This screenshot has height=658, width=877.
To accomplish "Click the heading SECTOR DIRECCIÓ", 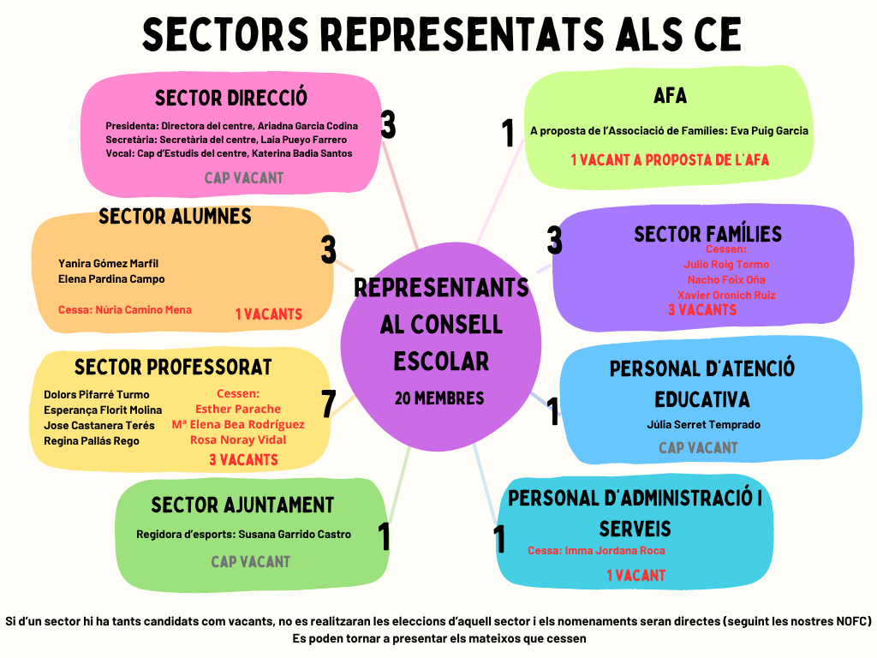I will point(231,98).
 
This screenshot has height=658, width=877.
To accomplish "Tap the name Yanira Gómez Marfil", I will point(109,263).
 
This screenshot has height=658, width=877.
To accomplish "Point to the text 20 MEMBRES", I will point(439,398).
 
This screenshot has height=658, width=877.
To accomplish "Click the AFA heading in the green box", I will point(670,95).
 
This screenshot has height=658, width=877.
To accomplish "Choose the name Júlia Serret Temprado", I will point(703,424).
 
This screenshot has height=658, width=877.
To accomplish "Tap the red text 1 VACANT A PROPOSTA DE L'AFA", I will point(670,159).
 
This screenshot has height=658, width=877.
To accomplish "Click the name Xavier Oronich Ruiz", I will point(726,295).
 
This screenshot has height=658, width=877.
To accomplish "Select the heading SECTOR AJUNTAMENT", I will point(242,505).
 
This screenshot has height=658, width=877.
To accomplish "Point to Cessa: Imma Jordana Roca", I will point(596,551).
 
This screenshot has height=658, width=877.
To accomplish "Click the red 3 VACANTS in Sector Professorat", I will point(243,460).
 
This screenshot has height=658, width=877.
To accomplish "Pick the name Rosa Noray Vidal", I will point(238,440).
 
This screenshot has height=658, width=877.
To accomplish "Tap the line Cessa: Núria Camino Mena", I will point(125,309).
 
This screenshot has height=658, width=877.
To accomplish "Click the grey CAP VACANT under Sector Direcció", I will point(243,178).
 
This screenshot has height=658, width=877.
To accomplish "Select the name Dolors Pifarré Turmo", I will point(97,395).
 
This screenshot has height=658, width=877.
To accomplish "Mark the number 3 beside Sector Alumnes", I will point(329,250).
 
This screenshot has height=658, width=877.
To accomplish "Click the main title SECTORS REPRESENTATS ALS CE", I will point(441,35).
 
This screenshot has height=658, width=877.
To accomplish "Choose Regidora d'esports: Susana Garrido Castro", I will point(243,534).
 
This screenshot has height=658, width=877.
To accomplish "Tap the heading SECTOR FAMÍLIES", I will point(707,234).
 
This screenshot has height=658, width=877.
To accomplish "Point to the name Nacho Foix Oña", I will point(726,279).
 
